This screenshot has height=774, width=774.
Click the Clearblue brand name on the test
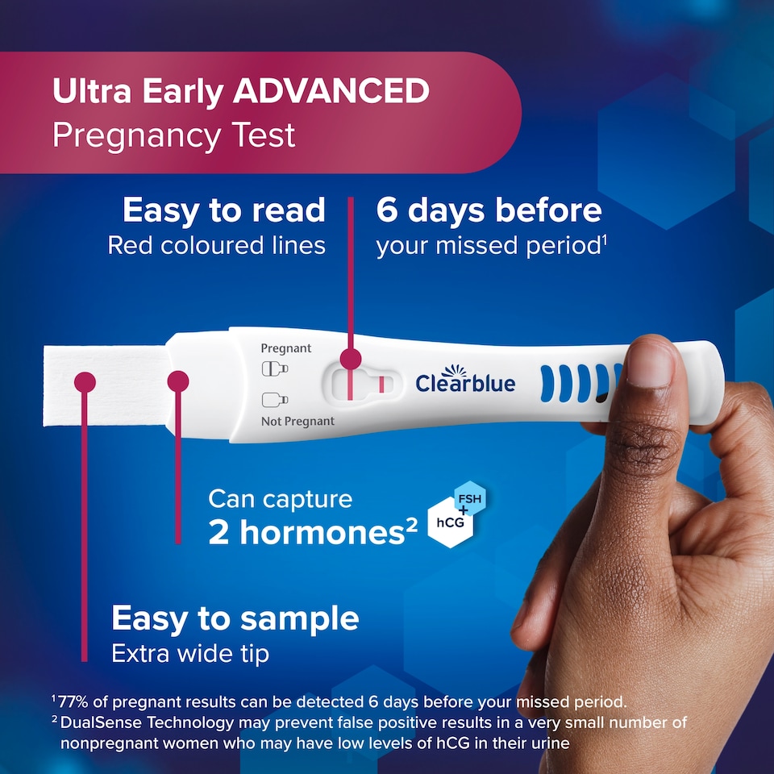click(465, 382)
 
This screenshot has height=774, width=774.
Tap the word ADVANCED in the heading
click(331, 92)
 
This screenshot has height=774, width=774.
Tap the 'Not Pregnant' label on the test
click(298, 422)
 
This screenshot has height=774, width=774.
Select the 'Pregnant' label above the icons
click(286, 348)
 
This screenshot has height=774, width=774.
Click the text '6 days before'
click(489, 210)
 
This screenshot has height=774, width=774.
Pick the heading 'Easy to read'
click(224, 210)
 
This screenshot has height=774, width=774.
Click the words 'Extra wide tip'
click(190, 653)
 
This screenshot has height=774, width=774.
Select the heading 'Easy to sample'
click(235, 619)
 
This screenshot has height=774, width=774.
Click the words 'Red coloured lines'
click(216, 246)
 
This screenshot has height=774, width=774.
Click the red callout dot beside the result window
click(350, 359)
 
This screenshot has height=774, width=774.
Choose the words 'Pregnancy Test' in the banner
click(174, 135)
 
